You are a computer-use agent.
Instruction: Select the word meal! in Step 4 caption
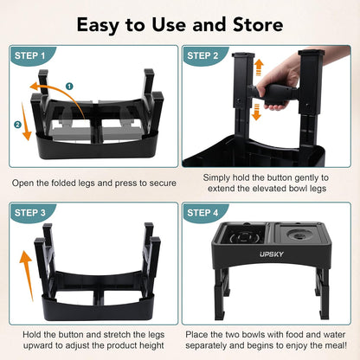[331, 347]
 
